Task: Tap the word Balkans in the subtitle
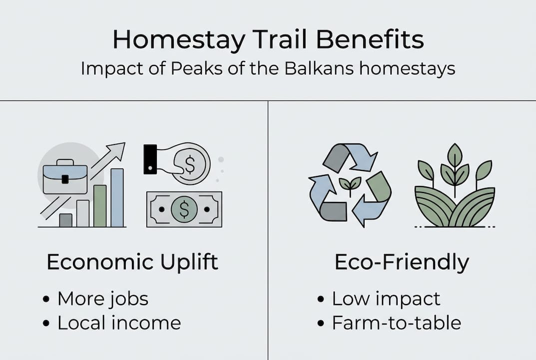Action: click(x=313, y=68)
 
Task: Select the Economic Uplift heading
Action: click(x=132, y=262)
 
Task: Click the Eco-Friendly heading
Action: click(x=402, y=262)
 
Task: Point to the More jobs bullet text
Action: click(x=103, y=298)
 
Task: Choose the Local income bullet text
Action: click(x=119, y=322)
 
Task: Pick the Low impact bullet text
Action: click(x=386, y=298)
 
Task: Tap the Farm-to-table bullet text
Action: click(x=397, y=322)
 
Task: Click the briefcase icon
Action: click(x=65, y=176)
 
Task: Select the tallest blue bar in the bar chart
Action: click(x=117, y=197)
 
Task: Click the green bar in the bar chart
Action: click(x=100, y=205)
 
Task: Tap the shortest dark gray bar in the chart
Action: click(x=65, y=220)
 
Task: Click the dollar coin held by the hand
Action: click(x=190, y=163)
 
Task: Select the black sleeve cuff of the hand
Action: click(x=150, y=159)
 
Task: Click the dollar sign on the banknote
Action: click(x=184, y=209)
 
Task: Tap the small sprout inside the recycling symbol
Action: click(x=350, y=184)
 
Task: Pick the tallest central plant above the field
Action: click(x=455, y=165)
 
